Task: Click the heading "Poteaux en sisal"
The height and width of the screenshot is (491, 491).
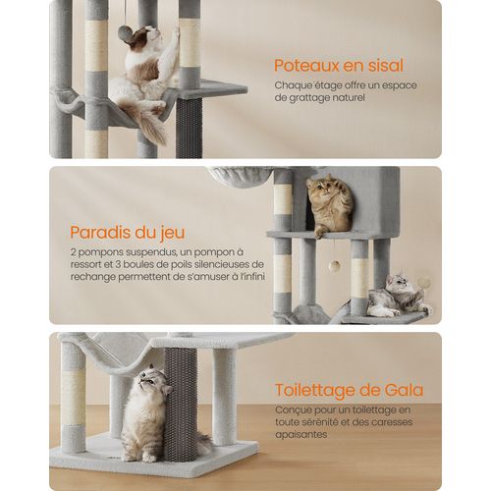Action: (x=338, y=66)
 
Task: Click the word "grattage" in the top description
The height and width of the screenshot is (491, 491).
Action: (x=304, y=98)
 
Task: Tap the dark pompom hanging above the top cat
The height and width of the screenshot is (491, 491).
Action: (x=126, y=34)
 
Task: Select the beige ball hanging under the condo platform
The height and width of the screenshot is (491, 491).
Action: (x=334, y=265)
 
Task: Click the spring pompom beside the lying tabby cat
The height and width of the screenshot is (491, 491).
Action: (x=424, y=283)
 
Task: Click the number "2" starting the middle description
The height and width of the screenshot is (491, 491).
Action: (x=73, y=252)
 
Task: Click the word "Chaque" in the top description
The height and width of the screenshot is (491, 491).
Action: (x=294, y=85)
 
